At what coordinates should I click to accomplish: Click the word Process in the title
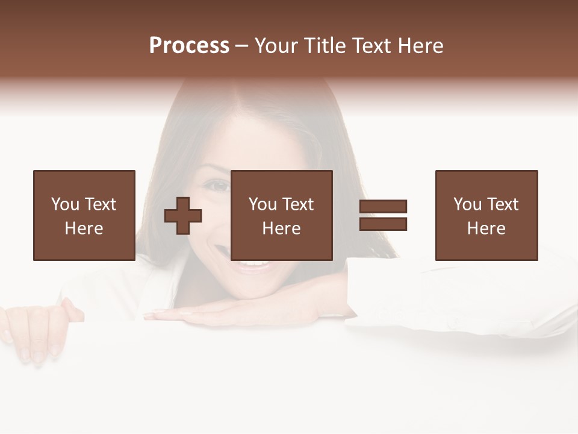[x=189, y=46]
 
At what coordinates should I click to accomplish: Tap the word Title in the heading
[x=326, y=46]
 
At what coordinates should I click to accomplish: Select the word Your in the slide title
[x=277, y=46]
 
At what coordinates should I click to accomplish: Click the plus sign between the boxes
[x=183, y=216]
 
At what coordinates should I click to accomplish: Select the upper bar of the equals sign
[x=383, y=206]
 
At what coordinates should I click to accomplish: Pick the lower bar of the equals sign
[x=383, y=224]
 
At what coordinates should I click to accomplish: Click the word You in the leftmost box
[x=65, y=204]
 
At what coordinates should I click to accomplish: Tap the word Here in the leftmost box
[x=84, y=228]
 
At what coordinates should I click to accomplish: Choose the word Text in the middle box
[x=298, y=204]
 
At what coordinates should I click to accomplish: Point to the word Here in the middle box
[x=281, y=228]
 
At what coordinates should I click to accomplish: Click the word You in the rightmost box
[x=467, y=204]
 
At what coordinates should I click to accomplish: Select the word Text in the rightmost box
[x=503, y=204]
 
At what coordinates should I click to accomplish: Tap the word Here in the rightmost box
[x=486, y=228]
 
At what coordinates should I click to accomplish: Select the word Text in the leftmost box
[x=101, y=204]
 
